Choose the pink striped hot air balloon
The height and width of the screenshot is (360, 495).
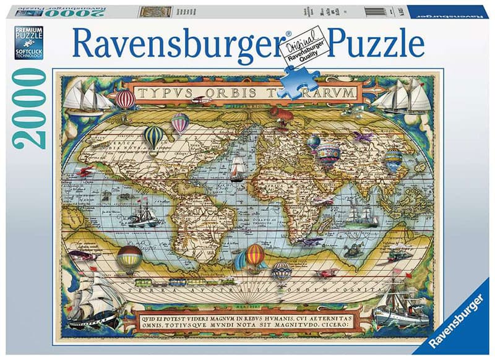click(180, 122)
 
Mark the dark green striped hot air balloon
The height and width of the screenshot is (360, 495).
click(153, 138)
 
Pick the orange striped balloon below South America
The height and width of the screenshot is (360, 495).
click(255, 254)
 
